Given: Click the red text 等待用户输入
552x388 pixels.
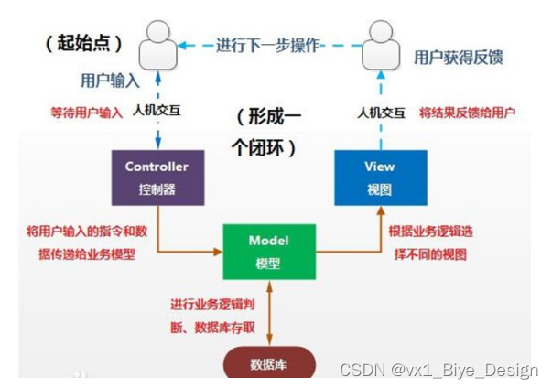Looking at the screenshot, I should [x=86, y=113].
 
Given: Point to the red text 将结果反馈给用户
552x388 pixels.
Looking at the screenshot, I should [x=467, y=113].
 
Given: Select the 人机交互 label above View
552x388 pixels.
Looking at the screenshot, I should [x=382, y=113].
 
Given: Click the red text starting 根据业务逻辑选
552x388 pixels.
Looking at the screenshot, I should [x=430, y=242].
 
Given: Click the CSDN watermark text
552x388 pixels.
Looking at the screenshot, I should [x=438, y=370].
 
